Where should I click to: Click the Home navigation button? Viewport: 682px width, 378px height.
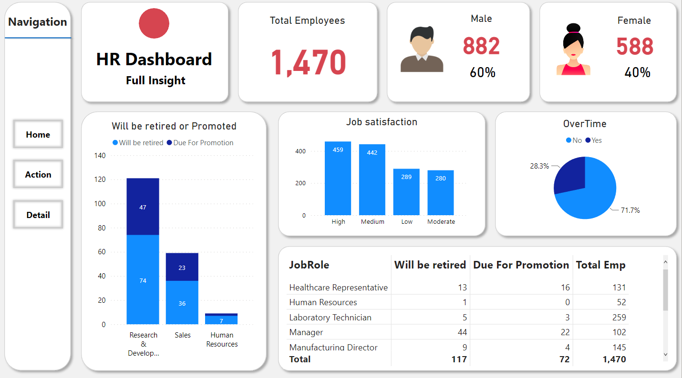(x=38, y=135)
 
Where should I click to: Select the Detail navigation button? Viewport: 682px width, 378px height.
(x=38, y=215)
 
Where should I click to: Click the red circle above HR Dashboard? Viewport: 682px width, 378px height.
(x=154, y=23)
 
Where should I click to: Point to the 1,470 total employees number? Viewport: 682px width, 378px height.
(x=308, y=62)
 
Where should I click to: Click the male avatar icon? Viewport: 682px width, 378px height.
(x=422, y=50)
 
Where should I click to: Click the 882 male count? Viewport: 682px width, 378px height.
(x=481, y=46)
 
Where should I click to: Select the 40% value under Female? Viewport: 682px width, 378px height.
(x=637, y=72)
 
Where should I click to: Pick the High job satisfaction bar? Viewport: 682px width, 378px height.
(x=338, y=179)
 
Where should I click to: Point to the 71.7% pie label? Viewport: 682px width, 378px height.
(x=630, y=210)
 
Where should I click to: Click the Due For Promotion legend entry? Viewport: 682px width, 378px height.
(x=200, y=143)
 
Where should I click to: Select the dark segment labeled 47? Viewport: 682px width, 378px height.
(x=143, y=207)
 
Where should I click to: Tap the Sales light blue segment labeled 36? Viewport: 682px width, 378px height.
(x=182, y=303)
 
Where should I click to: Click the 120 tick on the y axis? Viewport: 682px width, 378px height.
(x=100, y=179)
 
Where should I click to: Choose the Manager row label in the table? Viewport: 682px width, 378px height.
(x=306, y=332)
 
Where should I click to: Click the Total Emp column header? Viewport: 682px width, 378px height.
(x=600, y=265)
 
